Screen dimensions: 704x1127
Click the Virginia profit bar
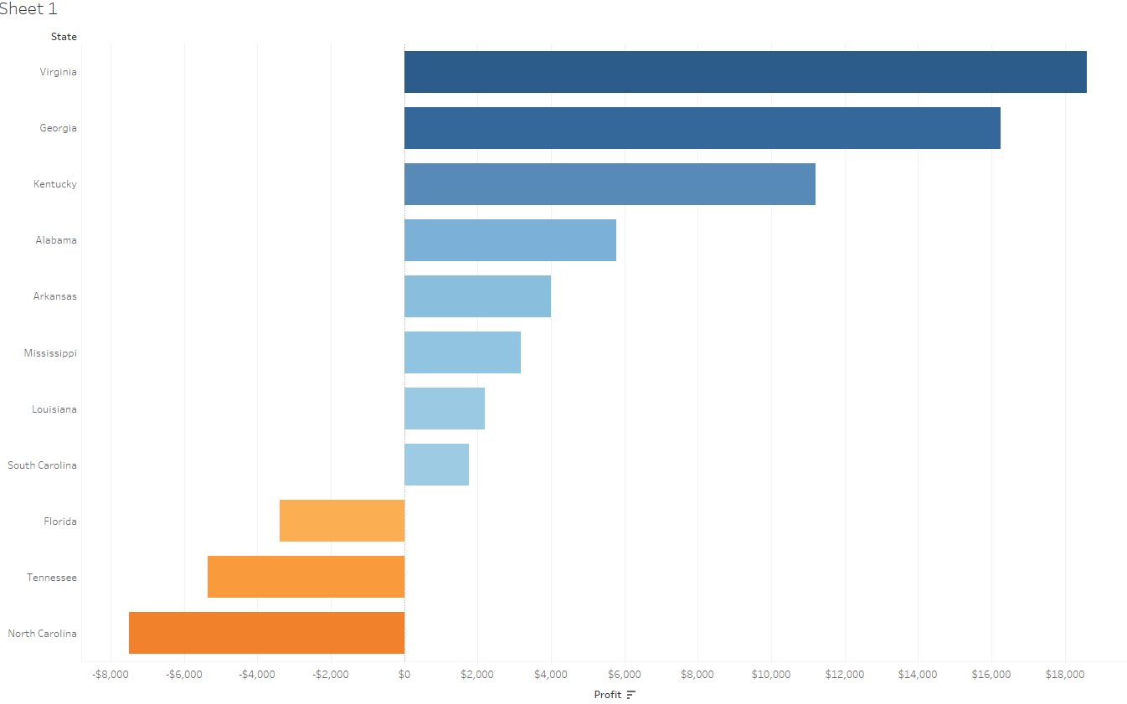click(745, 72)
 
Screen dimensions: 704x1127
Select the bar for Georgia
click(702, 128)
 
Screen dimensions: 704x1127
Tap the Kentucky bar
click(610, 184)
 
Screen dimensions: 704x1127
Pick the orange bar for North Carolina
click(266, 633)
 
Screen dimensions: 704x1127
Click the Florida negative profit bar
click(342, 521)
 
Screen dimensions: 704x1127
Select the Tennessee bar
click(306, 577)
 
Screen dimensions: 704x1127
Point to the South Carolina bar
click(436, 465)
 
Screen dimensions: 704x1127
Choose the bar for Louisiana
click(444, 409)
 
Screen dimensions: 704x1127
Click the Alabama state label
click(56, 240)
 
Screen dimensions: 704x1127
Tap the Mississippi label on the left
click(50, 353)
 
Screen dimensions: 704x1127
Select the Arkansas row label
click(55, 296)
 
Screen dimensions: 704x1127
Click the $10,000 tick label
click(770, 675)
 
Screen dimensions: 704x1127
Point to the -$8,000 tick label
click(111, 675)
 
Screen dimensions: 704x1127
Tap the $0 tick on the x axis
click(404, 675)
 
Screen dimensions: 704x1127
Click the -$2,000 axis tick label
click(331, 675)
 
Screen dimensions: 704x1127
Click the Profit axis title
click(608, 695)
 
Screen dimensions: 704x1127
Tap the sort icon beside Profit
click(631, 695)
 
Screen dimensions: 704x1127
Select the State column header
click(64, 37)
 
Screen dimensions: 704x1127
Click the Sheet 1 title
click(28, 9)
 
